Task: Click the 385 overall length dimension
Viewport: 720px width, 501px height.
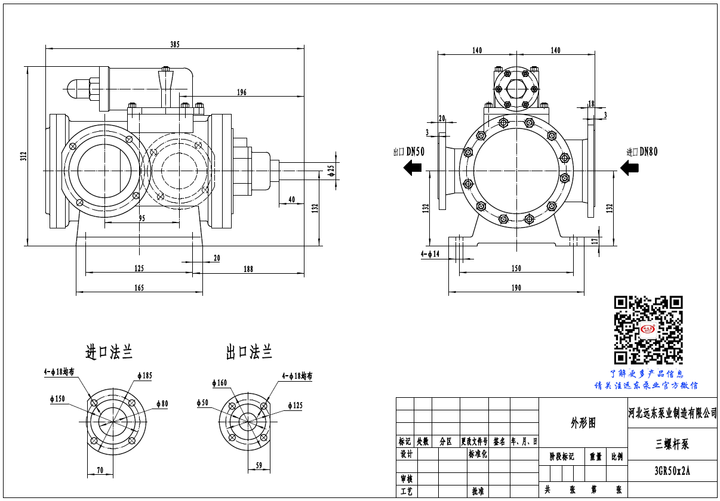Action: pos(175,44)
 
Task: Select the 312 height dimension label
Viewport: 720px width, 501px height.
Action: pos(23,157)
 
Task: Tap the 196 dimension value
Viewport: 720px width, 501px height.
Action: pos(242,92)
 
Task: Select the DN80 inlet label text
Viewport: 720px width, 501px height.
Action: pos(649,152)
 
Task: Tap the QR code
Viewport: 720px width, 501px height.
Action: pos(648,330)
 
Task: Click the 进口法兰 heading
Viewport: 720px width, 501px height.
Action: pos(109,352)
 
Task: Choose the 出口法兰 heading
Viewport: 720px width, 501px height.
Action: pos(249,352)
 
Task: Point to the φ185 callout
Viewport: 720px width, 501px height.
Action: pos(144,376)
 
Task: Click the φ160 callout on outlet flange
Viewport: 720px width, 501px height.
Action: pos(220,383)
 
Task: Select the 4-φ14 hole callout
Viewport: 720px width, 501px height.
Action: pos(429,254)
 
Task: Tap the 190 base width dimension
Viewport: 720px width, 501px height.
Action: pos(516,287)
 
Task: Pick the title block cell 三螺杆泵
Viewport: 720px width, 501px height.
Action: pos(672,444)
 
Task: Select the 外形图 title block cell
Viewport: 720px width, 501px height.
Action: pos(583,423)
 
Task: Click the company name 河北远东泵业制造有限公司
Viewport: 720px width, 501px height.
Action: pos(673,413)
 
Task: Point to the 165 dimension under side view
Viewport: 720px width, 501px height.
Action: pos(139,287)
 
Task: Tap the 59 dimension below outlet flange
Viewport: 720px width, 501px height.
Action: pos(259,466)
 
